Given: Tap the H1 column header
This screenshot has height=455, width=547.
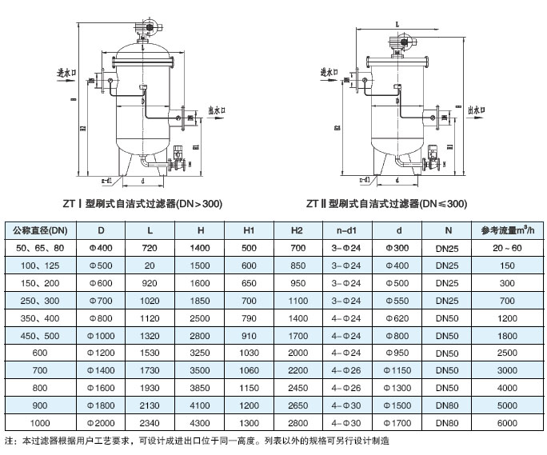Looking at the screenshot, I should pos(249,231).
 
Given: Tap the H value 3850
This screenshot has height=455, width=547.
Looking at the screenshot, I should pos(201,388).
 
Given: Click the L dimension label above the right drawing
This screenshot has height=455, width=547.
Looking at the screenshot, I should pos(397,26).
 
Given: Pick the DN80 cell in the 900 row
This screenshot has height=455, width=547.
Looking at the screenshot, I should pos(449,405).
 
